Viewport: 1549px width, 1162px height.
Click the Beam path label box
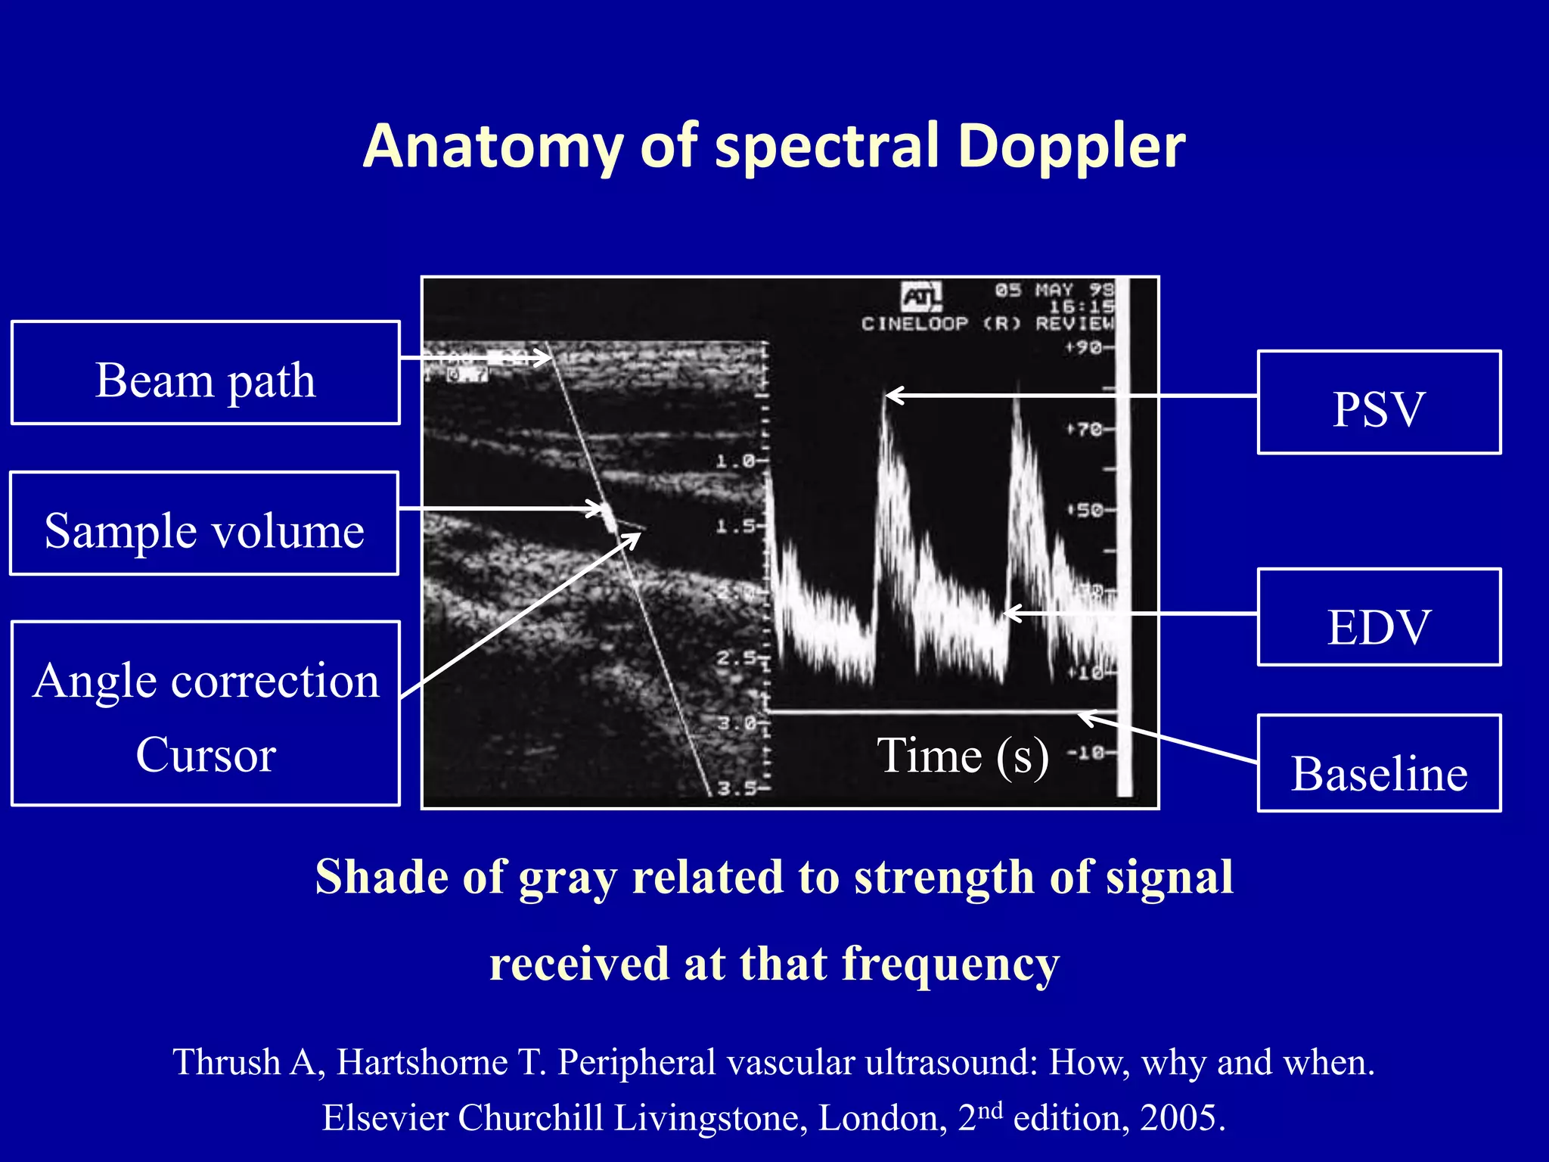(x=205, y=373)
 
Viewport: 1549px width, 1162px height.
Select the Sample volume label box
(x=204, y=524)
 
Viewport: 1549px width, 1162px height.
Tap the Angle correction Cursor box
(x=205, y=713)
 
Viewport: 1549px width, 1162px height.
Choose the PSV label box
(x=1379, y=402)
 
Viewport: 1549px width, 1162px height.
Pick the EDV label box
(x=1379, y=617)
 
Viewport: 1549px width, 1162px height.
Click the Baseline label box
(x=1379, y=764)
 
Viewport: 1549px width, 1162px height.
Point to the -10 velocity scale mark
(x=1086, y=753)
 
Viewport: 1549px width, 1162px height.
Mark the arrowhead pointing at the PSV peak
(x=889, y=396)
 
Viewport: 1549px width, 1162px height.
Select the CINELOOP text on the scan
(x=914, y=324)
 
